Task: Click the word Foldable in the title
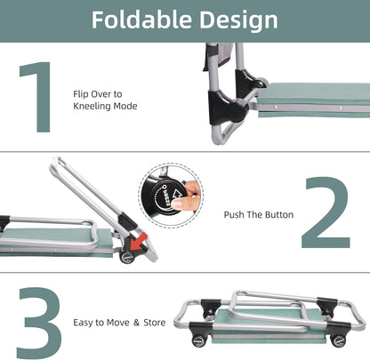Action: point(141,20)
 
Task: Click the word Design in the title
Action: point(238,21)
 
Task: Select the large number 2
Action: point(326,212)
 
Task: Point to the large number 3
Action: point(39,323)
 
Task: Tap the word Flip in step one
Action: point(81,94)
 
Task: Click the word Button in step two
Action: point(279,214)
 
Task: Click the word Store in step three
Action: point(155,323)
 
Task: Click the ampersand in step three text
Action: point(136,323)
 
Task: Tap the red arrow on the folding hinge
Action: point(138,241)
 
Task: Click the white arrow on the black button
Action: point(178,195)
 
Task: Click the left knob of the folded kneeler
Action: point(198,341)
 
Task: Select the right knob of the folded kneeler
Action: point(337,340)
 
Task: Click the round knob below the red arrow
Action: point(127,257)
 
